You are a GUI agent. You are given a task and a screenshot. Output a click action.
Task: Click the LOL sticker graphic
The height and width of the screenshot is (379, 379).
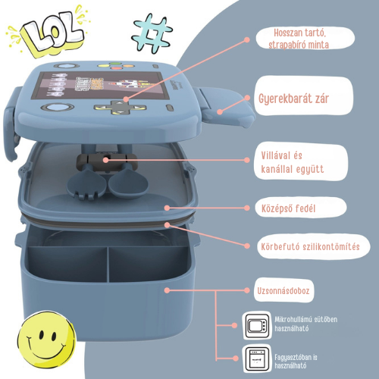click(48, 32)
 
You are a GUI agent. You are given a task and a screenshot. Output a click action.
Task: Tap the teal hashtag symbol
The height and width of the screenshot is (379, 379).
click(152, 33)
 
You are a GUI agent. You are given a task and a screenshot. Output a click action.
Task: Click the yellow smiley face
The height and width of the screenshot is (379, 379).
click(47, 340)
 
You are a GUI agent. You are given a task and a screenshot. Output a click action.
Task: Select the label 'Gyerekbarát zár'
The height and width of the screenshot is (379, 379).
click(293, 99)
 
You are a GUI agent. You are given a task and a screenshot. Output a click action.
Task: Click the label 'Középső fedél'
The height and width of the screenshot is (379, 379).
click(289, 208)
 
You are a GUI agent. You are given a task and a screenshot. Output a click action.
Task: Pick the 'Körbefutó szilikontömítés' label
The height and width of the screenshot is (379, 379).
click(310, 246)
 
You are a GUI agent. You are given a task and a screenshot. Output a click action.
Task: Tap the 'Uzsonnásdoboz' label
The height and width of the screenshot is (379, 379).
click(283, 291)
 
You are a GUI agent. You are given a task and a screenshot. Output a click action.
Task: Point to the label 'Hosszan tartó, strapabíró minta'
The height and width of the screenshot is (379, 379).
click(299, 39)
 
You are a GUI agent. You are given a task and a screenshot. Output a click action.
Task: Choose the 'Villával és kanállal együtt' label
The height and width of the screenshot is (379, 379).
click(292, 162)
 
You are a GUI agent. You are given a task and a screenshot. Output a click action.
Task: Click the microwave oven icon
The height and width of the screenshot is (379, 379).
click(257, 325)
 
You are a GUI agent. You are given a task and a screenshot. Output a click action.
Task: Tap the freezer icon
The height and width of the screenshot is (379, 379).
click(257, 359)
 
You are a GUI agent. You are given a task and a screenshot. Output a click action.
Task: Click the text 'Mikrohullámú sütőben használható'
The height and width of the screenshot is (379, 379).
click(305, 324)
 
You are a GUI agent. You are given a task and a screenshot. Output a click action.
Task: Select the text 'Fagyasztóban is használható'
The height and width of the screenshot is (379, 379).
click(296, 362)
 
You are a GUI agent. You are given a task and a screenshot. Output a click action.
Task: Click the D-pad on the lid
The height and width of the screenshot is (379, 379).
click(121, 107)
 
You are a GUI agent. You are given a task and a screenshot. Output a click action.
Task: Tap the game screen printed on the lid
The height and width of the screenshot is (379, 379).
click(100, 85)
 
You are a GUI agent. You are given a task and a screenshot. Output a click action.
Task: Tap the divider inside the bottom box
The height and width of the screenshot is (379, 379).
click(108, 264)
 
